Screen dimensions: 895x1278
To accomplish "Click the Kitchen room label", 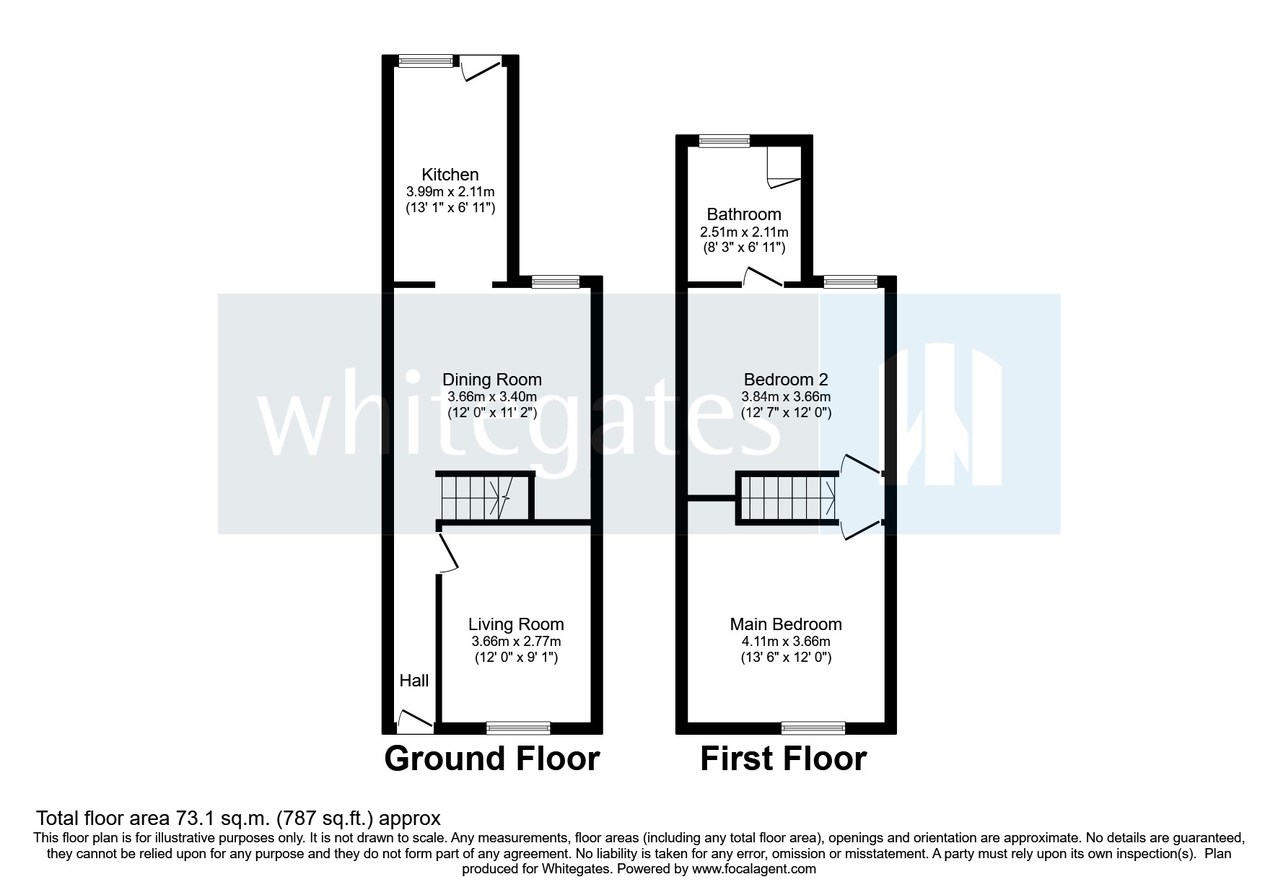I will [450, 175].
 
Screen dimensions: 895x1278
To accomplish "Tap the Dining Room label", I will [491, 380].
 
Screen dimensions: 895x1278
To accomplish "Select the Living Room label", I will [516, 624].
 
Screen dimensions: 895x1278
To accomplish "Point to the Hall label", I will [414, 681].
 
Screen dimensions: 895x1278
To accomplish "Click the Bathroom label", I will [743, 214].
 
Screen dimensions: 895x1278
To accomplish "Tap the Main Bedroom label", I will [785, 624].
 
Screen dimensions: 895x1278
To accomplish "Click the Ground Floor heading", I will [491, 759].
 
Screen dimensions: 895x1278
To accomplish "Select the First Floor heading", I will [783, 759].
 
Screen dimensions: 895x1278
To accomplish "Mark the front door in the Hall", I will [415, 719].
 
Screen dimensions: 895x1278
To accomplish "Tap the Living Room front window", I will [518, 728].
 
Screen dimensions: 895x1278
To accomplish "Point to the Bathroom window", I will [724, 141].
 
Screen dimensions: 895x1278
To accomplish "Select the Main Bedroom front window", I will [813, 728].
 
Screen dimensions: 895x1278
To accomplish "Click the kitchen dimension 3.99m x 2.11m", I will [450, 192].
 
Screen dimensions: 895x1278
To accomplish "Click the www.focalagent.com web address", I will [754, 869].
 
